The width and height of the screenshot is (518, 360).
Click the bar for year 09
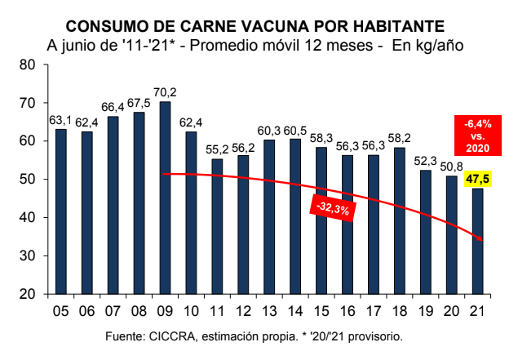point(165,196)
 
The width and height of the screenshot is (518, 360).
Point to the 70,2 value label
point(165,91)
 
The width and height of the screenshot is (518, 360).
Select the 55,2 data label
point(217,149)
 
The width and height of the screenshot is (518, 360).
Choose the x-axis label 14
point(295,310)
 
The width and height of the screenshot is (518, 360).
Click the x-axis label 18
point(399,310)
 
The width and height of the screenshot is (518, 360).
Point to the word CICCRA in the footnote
point(174,336)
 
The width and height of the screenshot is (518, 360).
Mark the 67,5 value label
point(139,102)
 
